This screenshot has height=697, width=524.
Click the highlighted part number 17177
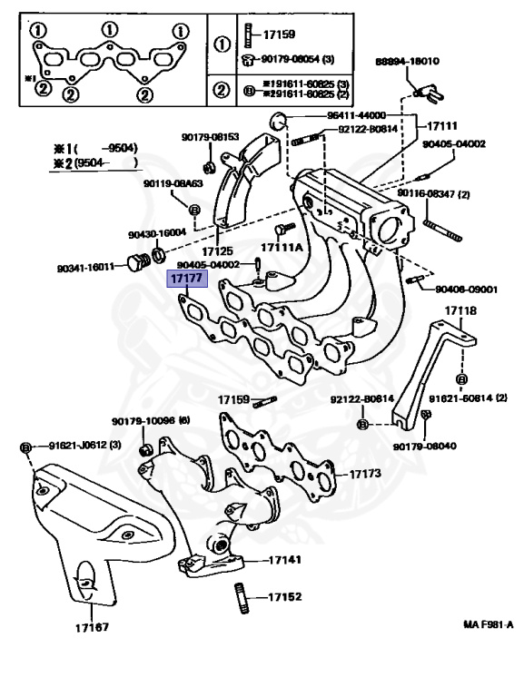(x=186, y=280)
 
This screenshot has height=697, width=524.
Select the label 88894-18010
(x=408, y=62)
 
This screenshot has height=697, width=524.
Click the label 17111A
(x=282, y=247)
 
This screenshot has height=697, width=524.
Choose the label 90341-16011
(x=85, y=267)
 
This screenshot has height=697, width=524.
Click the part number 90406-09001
(x=466, y=290)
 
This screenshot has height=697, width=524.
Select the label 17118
(x=460, y=311)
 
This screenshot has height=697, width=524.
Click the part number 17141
(x=284, y=560)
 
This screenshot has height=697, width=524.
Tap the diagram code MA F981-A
(x=488, y=625)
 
